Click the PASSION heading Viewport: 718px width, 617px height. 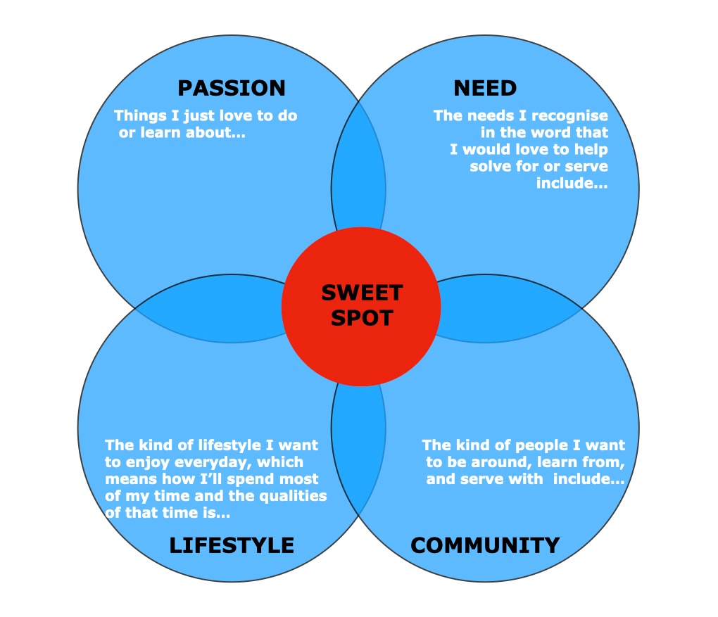pos(232,88)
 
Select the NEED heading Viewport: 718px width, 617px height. pos(485,88)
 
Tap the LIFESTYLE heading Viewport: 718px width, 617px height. pos(232,545)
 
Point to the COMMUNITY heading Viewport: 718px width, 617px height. pos(485,545)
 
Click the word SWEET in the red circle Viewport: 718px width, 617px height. pos(362,292)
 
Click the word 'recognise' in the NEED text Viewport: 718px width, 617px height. pos(572,116)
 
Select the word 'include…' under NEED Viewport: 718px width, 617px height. pos(572,184)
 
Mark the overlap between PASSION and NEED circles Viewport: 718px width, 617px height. pos(358,169)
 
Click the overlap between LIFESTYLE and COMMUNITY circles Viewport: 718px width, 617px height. pos(358,450)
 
